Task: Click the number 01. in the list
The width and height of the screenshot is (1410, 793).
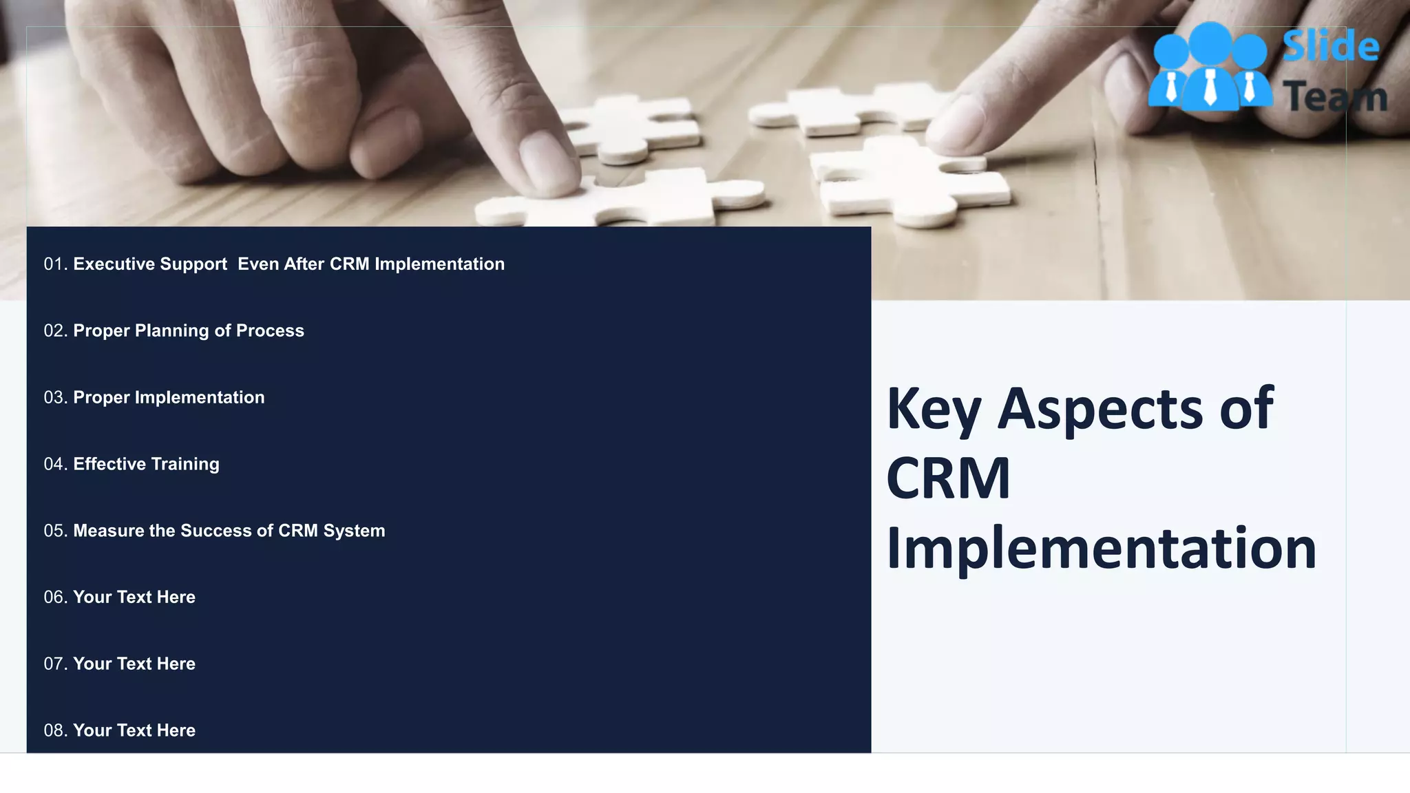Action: point(55,264)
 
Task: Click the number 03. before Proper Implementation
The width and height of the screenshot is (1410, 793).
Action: point(55,398)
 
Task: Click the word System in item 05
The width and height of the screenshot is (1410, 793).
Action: point(354,531)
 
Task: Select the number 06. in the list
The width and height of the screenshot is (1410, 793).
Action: point(55,598)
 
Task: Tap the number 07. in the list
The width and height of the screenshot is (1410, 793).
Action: point(55,664)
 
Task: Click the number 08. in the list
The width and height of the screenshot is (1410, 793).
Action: point(55,730)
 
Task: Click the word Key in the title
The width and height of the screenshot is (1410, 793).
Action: point(933,410)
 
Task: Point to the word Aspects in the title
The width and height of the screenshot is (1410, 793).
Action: point(1099,410)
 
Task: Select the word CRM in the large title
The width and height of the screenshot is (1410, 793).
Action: point(947,478)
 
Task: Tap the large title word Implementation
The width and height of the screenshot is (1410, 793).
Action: point(1100,549)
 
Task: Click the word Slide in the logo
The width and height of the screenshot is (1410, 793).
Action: point(1330,47)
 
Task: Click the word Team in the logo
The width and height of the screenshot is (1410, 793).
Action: point(1334,97)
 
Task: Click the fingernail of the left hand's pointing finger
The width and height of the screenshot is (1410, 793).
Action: point(548,161)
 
